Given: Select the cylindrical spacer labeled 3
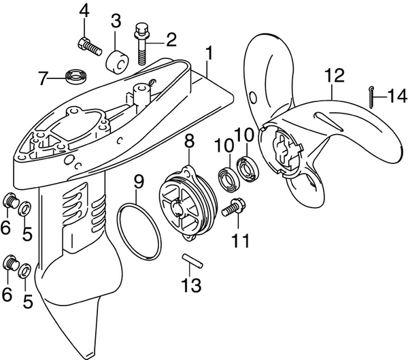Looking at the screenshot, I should click(116, 61).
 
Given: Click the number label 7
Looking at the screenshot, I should click(44, 79).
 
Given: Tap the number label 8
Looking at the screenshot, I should click(188, 142).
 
